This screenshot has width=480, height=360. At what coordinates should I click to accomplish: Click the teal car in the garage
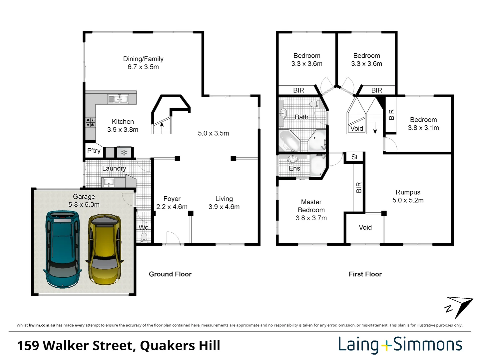[63, 249]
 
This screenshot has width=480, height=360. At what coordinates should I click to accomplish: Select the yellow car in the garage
[105, 249]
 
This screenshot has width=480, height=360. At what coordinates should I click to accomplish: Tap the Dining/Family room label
[143, 59]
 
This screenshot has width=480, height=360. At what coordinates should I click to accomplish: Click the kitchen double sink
[118, 99]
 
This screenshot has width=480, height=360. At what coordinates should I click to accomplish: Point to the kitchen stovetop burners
[90, 122]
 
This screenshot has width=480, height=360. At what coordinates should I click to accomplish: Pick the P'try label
[94, 151]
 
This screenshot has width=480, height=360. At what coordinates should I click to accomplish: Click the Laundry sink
[108, 182]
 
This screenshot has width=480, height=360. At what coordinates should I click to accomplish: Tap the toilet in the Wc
[144, 237]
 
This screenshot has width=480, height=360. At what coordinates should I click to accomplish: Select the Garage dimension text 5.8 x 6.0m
[84, 205]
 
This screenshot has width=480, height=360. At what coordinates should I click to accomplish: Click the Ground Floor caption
[170, 274]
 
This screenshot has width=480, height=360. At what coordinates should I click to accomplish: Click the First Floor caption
[365, 274]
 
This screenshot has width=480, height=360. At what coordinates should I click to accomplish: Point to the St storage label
[354, 157]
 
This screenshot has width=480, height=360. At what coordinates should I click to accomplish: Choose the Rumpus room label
[408, 192]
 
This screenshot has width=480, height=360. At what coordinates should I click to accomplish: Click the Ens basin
[292, 159]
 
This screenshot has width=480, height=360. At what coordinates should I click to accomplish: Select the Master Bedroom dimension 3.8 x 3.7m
[311, 218]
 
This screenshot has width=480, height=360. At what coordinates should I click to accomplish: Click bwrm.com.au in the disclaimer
[42, 325]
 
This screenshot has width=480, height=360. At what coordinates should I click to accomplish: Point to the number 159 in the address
[28, 346]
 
